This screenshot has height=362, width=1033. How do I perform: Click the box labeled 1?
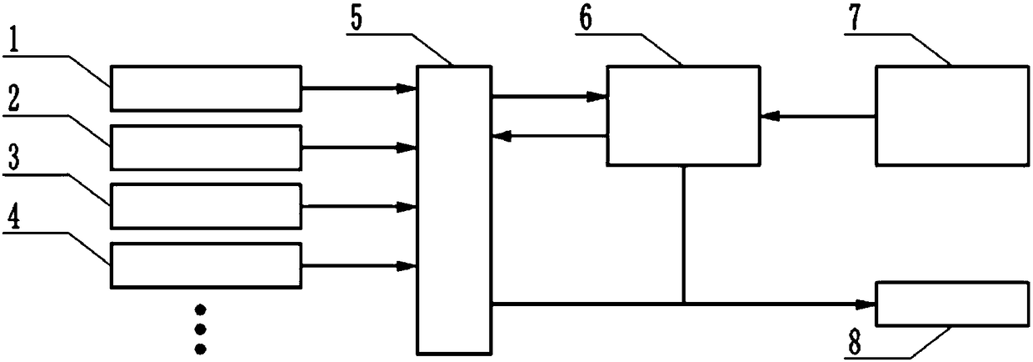click(206, 88)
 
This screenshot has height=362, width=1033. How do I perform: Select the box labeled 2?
click(206, 147)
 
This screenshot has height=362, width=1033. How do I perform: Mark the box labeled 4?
click(206, 265)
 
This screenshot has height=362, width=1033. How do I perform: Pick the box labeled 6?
click(683, 115)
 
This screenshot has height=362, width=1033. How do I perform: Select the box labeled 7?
click(951, 115)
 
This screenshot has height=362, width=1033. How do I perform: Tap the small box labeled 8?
click(951, 304)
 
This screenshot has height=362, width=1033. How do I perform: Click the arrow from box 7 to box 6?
click(816, 116)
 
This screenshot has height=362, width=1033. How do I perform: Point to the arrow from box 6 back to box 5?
click(550, 135)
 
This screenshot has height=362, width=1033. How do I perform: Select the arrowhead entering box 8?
click(866, 304)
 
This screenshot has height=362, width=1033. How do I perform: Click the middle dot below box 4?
click(199, 329)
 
